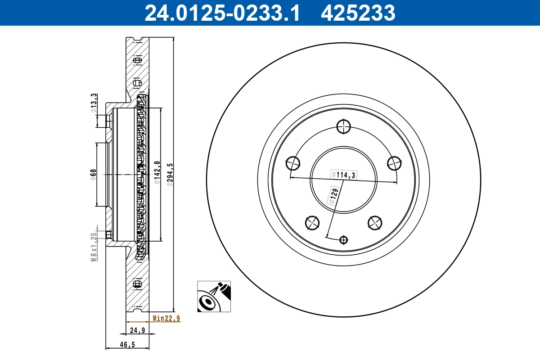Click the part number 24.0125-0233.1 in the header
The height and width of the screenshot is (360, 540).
point(221,13)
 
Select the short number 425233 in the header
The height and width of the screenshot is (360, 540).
point(358,13)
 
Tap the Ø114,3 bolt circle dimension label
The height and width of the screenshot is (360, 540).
point(343,175)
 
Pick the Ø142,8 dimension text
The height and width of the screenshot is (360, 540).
point(157,173)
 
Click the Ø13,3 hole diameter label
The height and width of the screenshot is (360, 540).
point(93,103)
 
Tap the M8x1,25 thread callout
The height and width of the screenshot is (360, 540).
point(94,247)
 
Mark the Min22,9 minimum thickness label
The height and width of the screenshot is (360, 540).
point(166,319)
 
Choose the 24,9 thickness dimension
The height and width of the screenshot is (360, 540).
point(137,330)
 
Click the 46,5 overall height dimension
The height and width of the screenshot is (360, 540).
point(127,345)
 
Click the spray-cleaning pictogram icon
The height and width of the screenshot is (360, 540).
point(214,296)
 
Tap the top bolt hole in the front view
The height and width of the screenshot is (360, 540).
point(343,126)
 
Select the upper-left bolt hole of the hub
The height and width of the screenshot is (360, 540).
point(293,162)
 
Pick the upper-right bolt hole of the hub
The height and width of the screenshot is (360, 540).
point(394,162)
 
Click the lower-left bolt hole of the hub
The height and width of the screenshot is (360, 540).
point(312,222)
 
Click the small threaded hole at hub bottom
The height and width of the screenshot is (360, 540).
point(344,240)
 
